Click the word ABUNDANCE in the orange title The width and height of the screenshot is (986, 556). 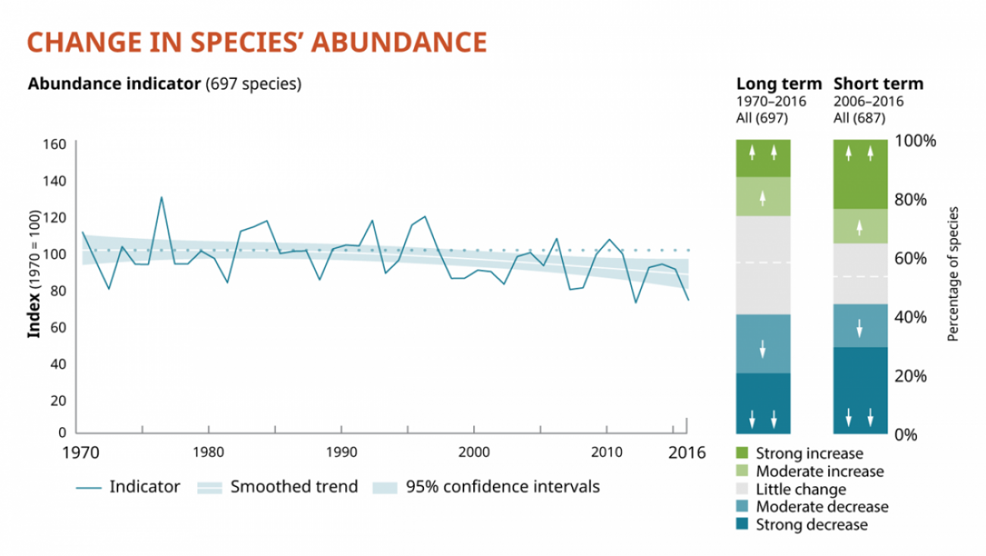point(397,42)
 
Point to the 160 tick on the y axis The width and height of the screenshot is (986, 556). point(58,144)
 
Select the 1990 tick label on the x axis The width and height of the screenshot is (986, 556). point(341,449)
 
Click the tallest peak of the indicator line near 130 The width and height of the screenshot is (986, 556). point(161,197)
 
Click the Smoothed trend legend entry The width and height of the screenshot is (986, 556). point(294,487)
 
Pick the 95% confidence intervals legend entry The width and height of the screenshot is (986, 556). point(502,487)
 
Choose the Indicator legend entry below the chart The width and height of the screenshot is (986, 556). point(145,487)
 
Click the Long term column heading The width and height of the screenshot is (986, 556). point(779,84)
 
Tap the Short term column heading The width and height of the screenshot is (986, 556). point(878,84)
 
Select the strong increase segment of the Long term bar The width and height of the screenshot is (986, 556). point(763,159)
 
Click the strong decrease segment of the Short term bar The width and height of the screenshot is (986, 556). point(860,390)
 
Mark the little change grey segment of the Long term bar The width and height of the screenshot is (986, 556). point(763,265)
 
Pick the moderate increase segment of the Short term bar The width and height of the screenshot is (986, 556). point(860,226)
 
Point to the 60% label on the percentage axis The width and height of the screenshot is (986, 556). point(909,259)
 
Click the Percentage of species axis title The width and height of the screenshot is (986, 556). point(953,274)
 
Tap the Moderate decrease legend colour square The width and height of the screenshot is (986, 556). point(742,507)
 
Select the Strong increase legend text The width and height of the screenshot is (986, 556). point(809,454)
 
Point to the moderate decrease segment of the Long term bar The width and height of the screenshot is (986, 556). point(763,343)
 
